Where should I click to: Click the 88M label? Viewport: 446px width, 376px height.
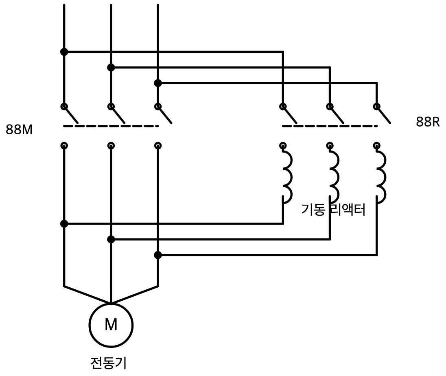[19, 130]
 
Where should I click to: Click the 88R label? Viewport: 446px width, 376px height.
[428, 122]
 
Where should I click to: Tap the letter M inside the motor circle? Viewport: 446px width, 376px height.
[111, 324]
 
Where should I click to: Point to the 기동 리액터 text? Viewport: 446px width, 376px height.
[333, 210]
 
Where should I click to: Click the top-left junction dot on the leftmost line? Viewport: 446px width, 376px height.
[64, 52]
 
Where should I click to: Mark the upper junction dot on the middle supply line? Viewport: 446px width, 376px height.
[111, 68]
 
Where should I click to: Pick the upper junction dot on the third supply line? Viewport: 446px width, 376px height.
[158, 83]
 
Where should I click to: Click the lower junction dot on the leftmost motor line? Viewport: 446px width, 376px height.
[64, 224]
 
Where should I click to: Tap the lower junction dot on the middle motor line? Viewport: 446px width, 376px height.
[111, 240]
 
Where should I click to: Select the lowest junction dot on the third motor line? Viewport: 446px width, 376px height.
[158, 255]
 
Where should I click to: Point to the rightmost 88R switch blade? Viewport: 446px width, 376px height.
[384, 115]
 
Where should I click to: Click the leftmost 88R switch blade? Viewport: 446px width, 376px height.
[290, 115]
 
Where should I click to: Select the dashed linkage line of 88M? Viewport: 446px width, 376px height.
[111, 126]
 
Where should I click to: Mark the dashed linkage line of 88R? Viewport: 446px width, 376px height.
[330, 126]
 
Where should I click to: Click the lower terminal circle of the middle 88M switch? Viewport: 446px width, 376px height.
[111, 146]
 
